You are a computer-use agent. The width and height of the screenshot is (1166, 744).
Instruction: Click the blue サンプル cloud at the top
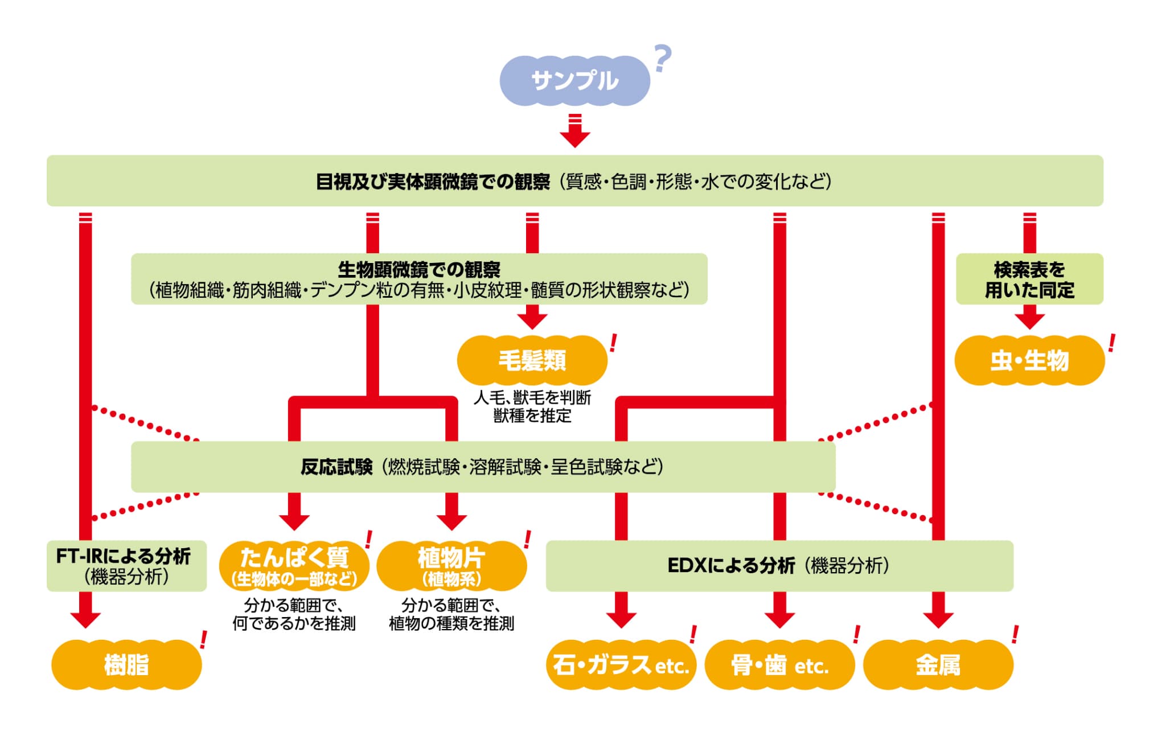click(574, 81)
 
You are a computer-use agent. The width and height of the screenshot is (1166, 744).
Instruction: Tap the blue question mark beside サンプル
click(662, 59)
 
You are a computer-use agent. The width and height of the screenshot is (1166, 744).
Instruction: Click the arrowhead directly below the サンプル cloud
click(574, 137)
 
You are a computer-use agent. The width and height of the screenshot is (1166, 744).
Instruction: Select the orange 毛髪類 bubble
click(532, 360)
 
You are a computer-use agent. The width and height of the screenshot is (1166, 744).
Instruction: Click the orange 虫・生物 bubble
click(1029, 360)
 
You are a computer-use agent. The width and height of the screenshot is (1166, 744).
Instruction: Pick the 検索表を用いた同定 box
click(1029, 279)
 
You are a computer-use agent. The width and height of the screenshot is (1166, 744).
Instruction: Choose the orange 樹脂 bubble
click(126, 664)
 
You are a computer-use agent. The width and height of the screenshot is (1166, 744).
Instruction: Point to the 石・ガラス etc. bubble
click(621, 664)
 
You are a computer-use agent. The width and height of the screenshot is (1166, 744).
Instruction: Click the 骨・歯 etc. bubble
click(779, 664)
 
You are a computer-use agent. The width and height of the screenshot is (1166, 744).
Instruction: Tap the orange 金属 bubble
click(938, 664)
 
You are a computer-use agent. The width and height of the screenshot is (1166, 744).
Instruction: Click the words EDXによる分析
click(730, 566)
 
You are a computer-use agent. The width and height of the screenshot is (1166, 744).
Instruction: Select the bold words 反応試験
click(336, 467)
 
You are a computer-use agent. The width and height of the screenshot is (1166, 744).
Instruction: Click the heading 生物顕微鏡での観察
click(419, 269)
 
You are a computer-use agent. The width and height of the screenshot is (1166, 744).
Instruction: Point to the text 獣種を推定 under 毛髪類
click(532, 416)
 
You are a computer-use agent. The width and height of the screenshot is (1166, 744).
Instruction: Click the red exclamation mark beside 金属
click(1015, 634)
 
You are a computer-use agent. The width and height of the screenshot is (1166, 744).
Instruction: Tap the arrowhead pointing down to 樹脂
click(85, 619)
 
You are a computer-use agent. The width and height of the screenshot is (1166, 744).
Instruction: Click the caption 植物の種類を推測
click(451, 624)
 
